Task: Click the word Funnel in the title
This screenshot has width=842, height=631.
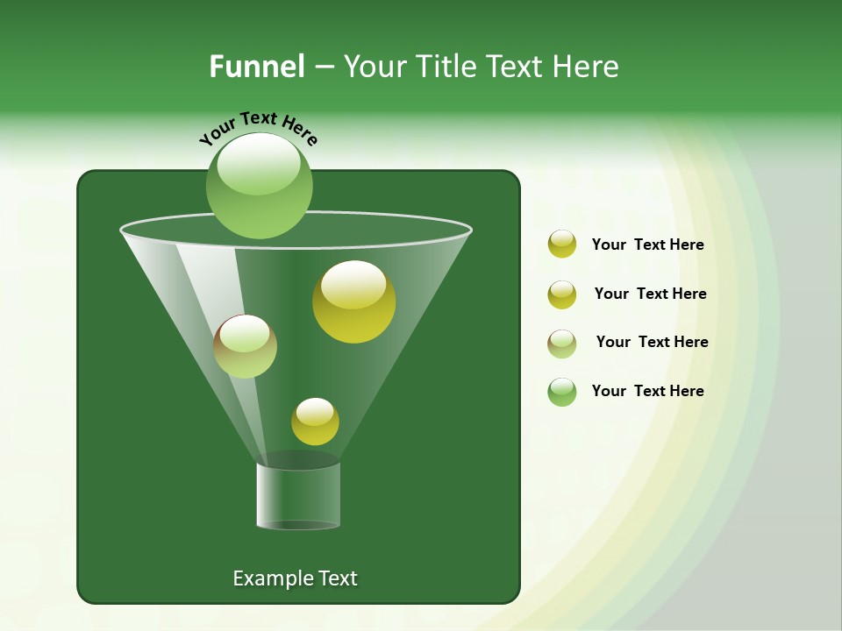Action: pos(256,67)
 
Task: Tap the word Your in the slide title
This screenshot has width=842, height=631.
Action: pos(375,67)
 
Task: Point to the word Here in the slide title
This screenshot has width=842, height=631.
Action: pos(584,67)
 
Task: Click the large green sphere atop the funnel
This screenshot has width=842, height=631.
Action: pos(260,186)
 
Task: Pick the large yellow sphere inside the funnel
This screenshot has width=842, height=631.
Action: pos(353,301)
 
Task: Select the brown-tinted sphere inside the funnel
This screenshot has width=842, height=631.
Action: pos(245,346)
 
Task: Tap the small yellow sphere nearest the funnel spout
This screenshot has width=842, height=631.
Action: pos(315,422)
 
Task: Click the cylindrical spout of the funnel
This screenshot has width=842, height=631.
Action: pos(298,495)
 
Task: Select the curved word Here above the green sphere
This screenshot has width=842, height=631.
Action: pos(300,132)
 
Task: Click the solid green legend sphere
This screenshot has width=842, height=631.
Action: pos(562,392)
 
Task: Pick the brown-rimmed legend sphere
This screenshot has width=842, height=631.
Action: pos(562,343)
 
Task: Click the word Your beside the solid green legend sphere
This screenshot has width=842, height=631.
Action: pos(609,391)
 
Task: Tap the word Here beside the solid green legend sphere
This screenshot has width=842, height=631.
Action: pos(686,391)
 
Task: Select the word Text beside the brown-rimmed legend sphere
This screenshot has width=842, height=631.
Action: pos(651,342)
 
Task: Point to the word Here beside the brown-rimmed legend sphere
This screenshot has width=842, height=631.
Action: pos(690,342)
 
